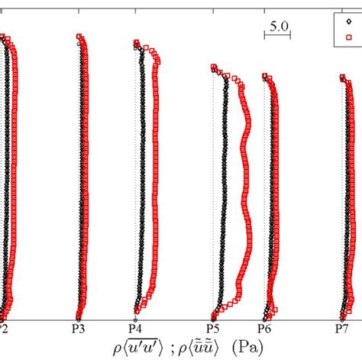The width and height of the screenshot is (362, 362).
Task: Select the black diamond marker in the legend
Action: coord(348,22)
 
